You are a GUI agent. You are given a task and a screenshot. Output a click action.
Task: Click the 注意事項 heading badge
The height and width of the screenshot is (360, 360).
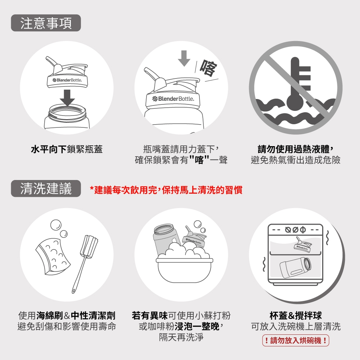pyautogui.click(x=46, y=23)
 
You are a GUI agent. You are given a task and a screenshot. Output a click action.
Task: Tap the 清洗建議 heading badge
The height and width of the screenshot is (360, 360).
pyautogui.click(x=46, y=189)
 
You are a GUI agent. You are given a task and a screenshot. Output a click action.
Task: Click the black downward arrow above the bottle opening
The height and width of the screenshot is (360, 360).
pyautogui.click(x=67, y=98)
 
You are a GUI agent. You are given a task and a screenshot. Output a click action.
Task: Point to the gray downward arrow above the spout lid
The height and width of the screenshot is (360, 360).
pyautogui.click(x=184, y=58)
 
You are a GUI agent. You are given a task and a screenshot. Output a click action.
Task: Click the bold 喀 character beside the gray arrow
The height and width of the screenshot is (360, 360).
pyautogui.click(x=208, y=68)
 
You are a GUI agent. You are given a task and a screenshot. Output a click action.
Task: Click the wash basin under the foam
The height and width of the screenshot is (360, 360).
pyautogui.click(x=184, y=270)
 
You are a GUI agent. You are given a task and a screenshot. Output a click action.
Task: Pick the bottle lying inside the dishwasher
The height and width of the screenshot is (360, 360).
pyautogui.click(x=295, y=267)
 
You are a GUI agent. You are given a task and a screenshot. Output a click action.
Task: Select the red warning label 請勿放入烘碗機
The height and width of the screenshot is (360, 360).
pyautogui.click(x=296, y=340)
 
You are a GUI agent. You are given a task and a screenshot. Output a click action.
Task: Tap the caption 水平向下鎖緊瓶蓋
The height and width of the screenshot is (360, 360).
pyautogui.click(x=67, y=149)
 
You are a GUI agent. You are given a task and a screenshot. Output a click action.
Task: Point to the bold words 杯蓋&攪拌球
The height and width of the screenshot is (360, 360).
pyautogui.click(x=296, y=316)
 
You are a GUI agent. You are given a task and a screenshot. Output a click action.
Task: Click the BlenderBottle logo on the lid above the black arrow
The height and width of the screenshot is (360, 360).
pyautogui.click(x=67, y=80)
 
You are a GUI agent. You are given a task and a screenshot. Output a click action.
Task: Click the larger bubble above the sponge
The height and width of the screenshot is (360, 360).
pyautogui.click(x=56, y=225)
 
